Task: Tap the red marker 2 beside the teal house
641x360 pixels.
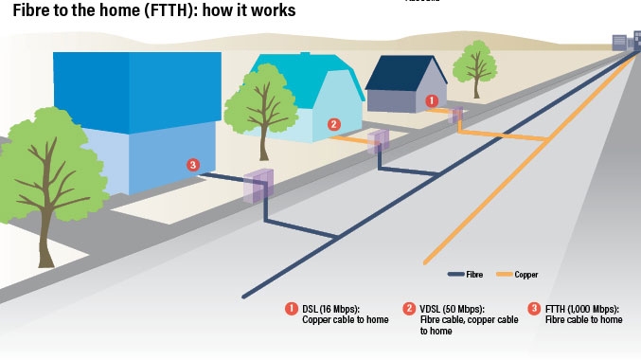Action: click(x=333, y=124)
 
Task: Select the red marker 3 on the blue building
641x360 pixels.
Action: click(x=193, y=165)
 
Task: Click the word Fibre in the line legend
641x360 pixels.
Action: click(x=474, y=275)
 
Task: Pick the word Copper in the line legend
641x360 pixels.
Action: click(x=526, y=275)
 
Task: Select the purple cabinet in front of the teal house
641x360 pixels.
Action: click(x=378, y=141)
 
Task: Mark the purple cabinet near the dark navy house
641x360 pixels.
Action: click(x=455, y=116)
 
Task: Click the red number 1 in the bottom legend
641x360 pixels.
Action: click(x=292, y=309)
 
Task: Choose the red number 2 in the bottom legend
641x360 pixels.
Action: click(x=409, y=309)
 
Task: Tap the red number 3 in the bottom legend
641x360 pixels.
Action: click(x=534, y=309)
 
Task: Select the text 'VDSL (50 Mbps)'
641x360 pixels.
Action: click(x=452, y=309)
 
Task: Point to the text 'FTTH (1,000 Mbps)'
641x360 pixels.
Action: click(x=581, y=309)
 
